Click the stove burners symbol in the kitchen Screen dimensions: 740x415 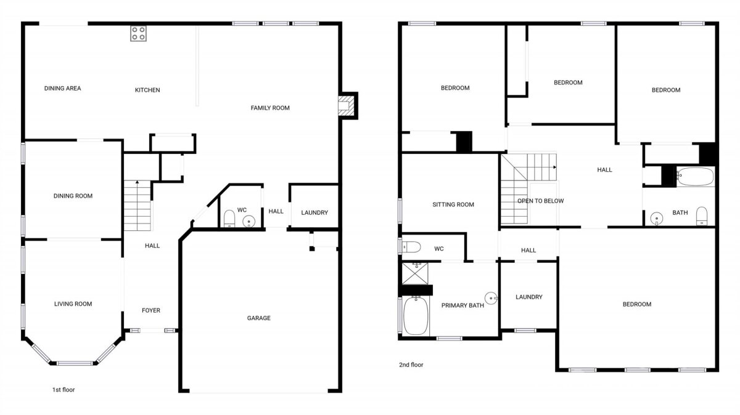pos(138,33)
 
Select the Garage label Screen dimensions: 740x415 pos(258,318)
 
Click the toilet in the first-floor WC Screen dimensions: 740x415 pos(229,219)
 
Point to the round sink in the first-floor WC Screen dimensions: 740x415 pos(249,222)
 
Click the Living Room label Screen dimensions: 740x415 pos(73,304)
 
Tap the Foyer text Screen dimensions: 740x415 pos(151,310)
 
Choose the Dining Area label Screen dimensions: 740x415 pos(62,89)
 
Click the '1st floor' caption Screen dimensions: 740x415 pos(64,390)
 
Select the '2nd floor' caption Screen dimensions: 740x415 pos(411,365)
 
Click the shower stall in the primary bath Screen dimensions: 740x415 pos(415,273)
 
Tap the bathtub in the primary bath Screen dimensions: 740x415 pos(416,316)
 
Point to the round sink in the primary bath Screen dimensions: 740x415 pos(491,298)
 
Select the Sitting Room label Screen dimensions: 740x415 pos(453,204)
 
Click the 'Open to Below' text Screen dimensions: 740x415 pos(540,201)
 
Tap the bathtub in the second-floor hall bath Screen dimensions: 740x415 pos(695,177)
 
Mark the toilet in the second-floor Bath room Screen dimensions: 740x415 pos(702,216)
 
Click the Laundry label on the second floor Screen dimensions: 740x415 pos(529,297)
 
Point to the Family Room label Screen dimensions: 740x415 pos(270,108)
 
